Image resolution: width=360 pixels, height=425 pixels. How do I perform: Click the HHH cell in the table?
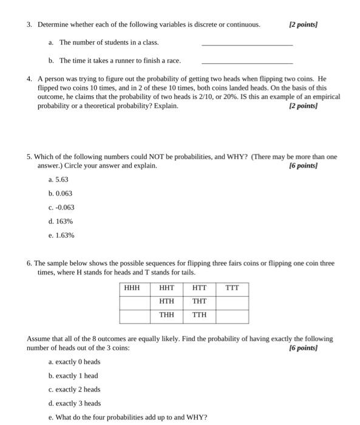[132, 288]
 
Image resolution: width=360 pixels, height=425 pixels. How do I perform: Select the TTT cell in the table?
[233, 288]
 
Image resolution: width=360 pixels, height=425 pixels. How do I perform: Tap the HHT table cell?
[166, 288]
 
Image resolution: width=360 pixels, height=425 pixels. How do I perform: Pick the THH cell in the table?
[166, 314]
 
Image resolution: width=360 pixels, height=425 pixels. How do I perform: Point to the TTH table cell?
[200, 314]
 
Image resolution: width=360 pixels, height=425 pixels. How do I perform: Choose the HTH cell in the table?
[166, 301]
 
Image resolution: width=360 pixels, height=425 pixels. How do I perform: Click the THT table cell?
[200, 301]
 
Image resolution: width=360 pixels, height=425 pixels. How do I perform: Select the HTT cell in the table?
[200, 288]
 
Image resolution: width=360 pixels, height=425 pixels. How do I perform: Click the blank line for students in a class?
[246, 44]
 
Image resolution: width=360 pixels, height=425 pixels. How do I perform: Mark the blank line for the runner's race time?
[246, 63]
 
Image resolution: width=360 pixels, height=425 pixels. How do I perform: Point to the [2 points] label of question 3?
[304, 24]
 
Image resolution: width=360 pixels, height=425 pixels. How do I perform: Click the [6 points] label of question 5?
[304, 165]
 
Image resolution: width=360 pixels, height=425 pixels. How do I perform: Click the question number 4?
[30, 79]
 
